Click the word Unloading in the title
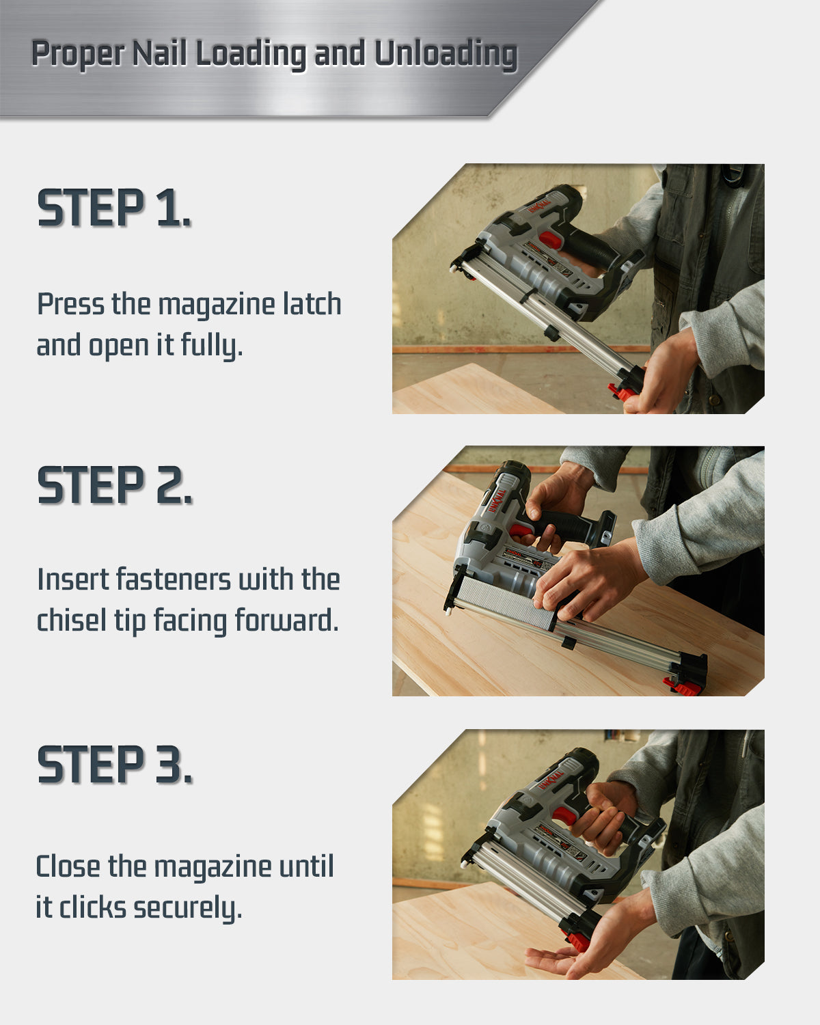[x=446, y=53]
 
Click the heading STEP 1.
[x=114, y=208]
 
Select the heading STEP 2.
[x=115, y=485]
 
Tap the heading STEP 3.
[x=115, y=764]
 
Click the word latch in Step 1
[x=312, y=304]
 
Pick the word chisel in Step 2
[x=72, y=620]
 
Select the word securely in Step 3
[x=188, y=909]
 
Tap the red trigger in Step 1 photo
[x=551, y=240]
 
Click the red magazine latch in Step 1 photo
[x=623, y=392]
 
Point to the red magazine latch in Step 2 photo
[x=682, y=687]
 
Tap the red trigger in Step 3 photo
[x=564, y=815]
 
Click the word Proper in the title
[x=78, y=53]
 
